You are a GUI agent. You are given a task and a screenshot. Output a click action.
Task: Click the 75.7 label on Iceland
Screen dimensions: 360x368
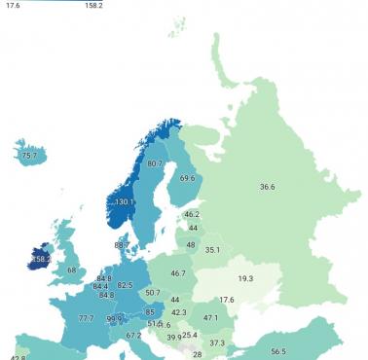tap(28, 155)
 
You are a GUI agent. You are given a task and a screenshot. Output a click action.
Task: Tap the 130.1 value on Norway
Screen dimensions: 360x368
tap(125, 202)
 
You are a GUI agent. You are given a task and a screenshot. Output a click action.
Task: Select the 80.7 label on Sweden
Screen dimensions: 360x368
tap(155, 163)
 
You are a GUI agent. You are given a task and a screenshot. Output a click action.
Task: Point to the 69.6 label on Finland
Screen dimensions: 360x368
tap(187, 178)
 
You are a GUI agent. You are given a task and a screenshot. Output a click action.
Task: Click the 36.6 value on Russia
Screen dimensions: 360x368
tap(267, 186)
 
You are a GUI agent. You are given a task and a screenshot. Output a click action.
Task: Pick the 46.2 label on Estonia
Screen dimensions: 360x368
tap(192, 214)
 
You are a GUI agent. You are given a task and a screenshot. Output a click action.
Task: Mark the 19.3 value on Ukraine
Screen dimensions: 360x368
tap(245, 278)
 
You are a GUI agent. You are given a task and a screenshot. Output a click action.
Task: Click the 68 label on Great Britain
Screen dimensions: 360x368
tap(70, 270)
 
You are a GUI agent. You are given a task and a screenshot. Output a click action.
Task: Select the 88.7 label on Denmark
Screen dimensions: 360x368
tap(121, 245)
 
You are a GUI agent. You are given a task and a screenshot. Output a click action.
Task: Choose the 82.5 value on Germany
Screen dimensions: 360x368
tap(125, 285)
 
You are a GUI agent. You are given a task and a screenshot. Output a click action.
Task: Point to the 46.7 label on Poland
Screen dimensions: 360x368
tap(178, 274)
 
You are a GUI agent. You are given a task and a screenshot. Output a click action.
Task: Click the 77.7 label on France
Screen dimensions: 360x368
tap(86, 318)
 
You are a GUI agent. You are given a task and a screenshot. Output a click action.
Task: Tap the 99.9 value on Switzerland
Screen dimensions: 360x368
tap(115, 318)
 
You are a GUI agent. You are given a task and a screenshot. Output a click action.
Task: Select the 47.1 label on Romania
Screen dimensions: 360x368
tap(210, 317)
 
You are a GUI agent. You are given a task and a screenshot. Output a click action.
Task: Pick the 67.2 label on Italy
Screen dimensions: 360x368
tap(134, 336)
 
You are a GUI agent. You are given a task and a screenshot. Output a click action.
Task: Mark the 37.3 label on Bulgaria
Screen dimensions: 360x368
tap(216, 342)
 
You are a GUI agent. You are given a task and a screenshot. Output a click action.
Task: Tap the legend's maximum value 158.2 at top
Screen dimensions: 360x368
tap(93, 5)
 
